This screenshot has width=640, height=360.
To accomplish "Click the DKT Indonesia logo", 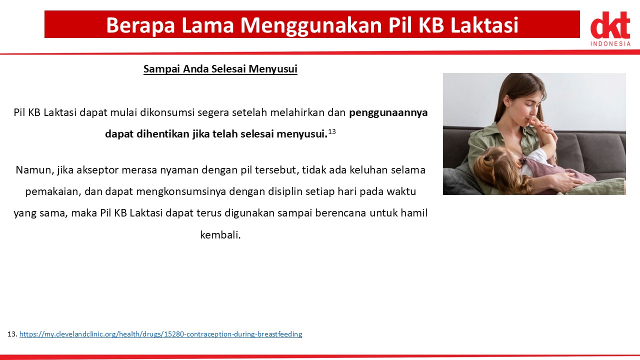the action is tap(610, 28).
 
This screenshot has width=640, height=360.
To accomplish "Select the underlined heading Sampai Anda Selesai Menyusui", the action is tap(220, 69).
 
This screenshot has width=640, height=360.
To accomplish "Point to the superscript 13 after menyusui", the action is tap(331, 131).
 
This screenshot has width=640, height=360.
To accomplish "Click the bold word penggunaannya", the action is tap(388, 113).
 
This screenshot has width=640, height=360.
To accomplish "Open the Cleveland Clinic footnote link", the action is tap(160, 334).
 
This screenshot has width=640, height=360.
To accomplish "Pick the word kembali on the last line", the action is tap(220, 235).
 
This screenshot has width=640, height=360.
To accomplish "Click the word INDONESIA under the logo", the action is tap(610, 43).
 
